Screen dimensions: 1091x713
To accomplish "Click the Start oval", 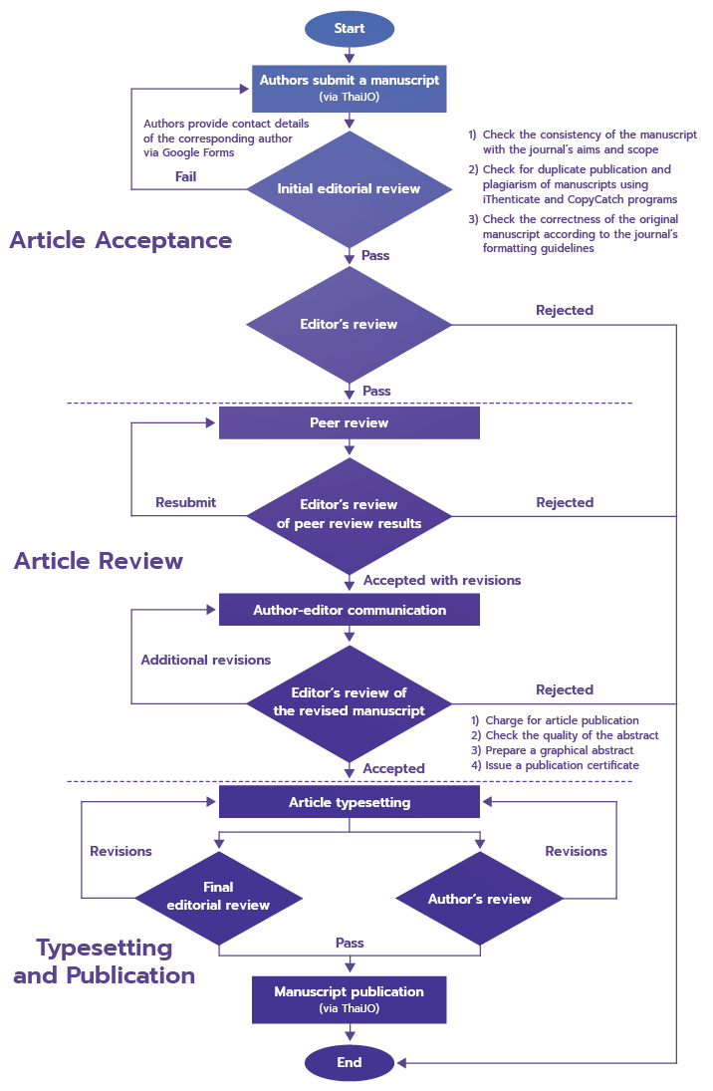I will click(x=349, y=29).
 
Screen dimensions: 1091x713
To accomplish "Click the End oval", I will click(x=349, y=1062).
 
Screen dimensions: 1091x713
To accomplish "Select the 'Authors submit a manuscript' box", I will click(x=349, y=88).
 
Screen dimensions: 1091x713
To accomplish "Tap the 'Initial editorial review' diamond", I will click(x=349, y=188).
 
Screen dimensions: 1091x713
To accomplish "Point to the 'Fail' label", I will click(x=185, y=176).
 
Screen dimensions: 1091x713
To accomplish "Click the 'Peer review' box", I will click(x=349, y=422).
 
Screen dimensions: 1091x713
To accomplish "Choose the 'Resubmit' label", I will click(x=186, y=502).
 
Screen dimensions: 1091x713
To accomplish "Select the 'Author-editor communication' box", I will click(x=349, y=610).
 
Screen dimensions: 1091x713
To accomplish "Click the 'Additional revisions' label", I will click(x=205, y=660).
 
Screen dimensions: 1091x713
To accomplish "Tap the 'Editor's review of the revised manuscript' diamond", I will click(x=349, y=701).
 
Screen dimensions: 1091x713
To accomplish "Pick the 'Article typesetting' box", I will click(x=349, y=802).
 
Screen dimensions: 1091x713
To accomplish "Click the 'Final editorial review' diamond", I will click(x=218, y=896).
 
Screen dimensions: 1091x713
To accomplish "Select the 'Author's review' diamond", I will click(x=480, y=899).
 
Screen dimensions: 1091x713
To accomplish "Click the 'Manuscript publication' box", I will click(x=349, y=999).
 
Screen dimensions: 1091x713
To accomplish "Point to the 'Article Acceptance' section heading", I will click(x=120, y=240).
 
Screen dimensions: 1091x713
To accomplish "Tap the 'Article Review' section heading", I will click(x=99, y=561).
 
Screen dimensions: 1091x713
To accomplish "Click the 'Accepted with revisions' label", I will click(x=441, y=580).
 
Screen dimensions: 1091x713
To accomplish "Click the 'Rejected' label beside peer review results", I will click(x=565, y=502).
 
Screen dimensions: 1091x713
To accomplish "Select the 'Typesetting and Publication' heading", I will click(x=105, y=961).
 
